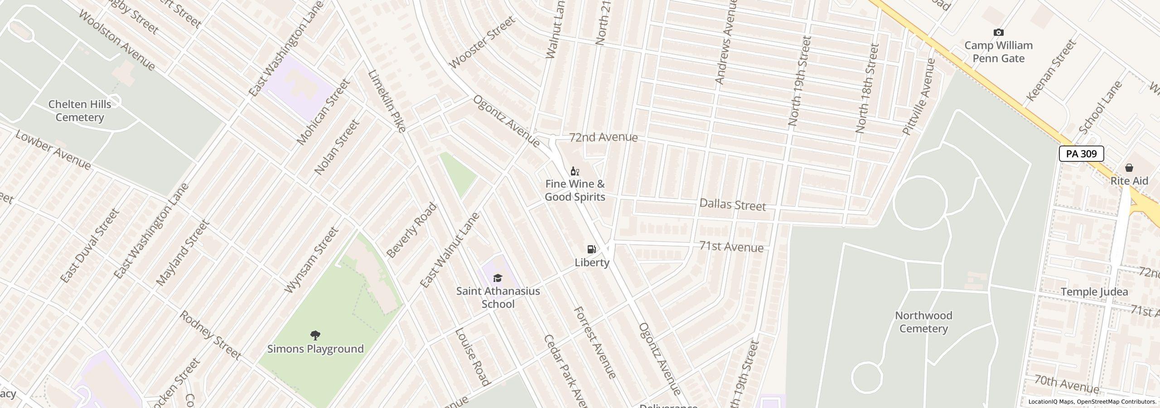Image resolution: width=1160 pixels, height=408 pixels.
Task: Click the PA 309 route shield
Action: tap(1081, 154)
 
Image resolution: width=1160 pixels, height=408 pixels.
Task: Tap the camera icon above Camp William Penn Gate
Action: tap(998, 33)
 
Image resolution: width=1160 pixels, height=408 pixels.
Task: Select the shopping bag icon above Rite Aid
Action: tap(1129, 168)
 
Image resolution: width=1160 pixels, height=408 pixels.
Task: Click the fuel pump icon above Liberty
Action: tap(591, 249)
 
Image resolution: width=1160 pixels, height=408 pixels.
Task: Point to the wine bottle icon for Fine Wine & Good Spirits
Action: tap(575, 171)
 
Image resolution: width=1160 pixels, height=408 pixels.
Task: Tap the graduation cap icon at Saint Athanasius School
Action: tap(498, 278)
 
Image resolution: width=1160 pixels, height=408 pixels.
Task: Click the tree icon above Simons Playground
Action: tap(315, 335)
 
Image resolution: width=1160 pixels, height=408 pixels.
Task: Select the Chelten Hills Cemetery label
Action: tap(80, 111)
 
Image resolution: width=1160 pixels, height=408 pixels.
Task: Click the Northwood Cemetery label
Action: tap(923, 322)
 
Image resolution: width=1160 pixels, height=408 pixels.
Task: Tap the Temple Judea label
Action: tap(1094, 292)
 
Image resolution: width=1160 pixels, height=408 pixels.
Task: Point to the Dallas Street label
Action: tap(733, 205)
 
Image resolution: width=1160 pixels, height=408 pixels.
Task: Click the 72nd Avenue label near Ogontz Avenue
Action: tap(603, 137)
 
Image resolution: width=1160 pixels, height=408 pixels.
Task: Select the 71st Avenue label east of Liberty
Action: tap(731, 247)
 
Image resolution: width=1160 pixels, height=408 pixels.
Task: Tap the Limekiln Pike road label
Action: tap(387, 101)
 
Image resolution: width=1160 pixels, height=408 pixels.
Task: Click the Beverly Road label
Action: tap(412, 231)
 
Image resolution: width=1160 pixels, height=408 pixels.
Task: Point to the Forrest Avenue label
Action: tap(595, 343)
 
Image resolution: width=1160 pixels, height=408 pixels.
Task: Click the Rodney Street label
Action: tap(210, 335)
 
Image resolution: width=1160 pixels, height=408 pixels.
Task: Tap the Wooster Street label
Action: tap(483, 42)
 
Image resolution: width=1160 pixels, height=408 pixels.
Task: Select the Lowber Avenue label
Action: tap(53, 150)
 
